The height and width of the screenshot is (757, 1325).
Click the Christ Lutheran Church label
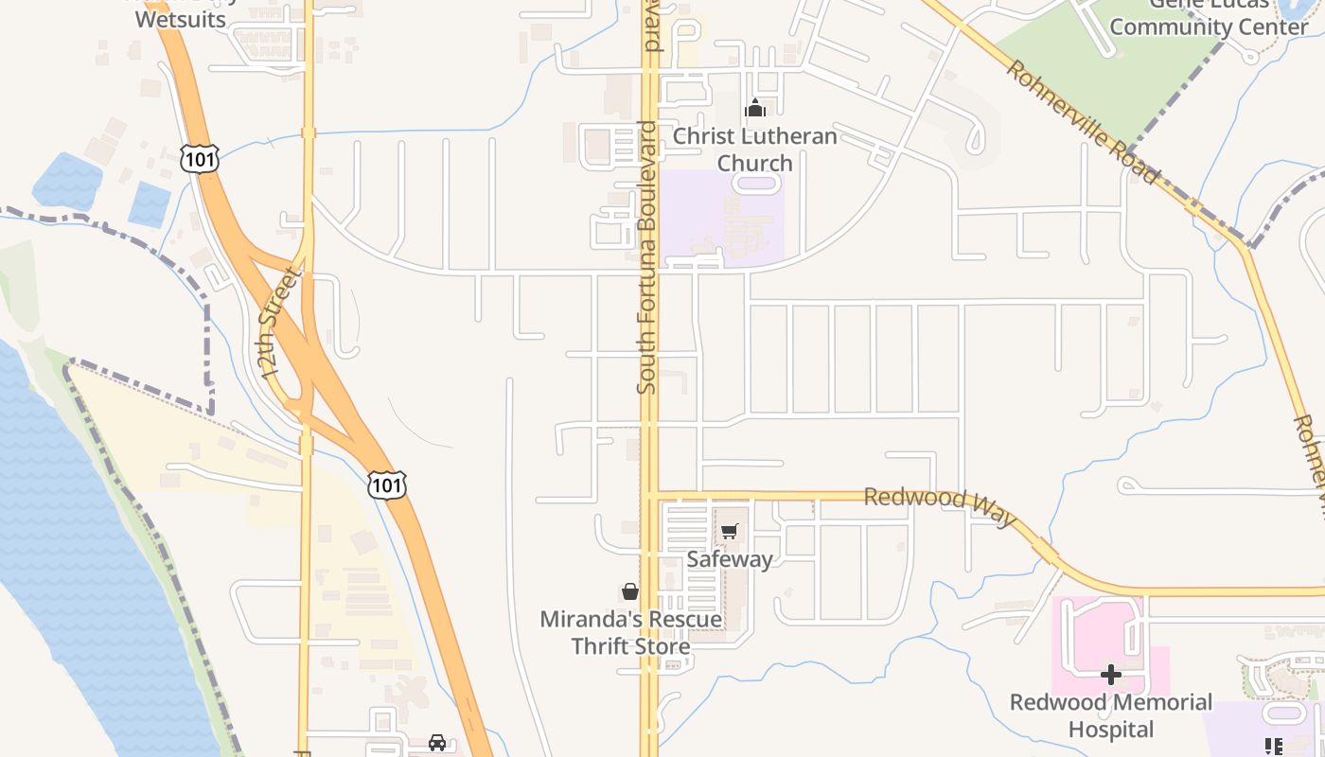(754, 150)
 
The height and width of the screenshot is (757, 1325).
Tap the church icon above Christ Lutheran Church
(754, 109)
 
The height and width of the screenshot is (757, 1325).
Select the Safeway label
(730, 558)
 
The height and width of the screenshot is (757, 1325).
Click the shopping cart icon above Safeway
(729, 532)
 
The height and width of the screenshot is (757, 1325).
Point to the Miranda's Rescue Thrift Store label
(630, 633)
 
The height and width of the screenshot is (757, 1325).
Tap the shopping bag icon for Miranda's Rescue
(630, 592)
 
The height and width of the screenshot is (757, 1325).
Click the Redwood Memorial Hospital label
(1111, 715)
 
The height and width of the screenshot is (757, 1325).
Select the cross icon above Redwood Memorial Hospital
(1111, 675)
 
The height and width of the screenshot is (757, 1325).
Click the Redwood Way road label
(940, 508)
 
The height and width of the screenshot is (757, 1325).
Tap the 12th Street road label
(280, 322)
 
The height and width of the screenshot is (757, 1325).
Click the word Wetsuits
(181, 19)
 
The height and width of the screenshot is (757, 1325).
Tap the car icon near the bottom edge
(437, 743)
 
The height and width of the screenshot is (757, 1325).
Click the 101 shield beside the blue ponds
(200, 159)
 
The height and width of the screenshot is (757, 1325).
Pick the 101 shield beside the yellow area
(387, 485)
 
